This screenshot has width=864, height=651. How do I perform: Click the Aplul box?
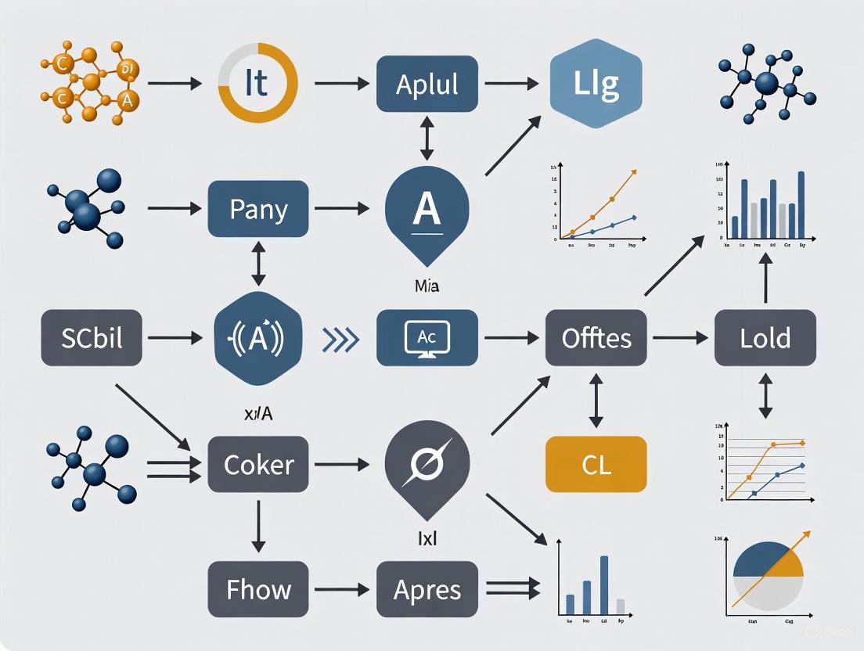pos(427,83)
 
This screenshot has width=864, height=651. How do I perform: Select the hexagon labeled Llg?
pos(597,83)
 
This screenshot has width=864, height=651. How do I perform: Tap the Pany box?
pos(258,209)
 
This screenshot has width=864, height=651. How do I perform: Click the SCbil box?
pos(91,338)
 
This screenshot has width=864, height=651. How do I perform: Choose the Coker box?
pos(258,465)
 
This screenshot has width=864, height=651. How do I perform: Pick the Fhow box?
pos(258,589)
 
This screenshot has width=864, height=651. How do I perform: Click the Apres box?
pos(427,589)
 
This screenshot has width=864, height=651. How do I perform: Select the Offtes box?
pos(596,338)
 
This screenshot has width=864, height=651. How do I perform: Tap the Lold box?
pos(765,338)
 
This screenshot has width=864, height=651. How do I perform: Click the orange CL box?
pos(596,465)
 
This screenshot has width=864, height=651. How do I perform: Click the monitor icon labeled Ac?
pos(427,338)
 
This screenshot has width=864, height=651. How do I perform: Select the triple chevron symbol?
pos(341,339)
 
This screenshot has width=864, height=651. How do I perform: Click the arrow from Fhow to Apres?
pos(341,589)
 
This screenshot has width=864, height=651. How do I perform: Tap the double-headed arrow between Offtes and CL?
pos(596,400)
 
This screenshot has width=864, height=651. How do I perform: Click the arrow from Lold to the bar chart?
pos(765,280)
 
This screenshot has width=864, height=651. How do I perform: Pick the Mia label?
pos(427,287)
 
